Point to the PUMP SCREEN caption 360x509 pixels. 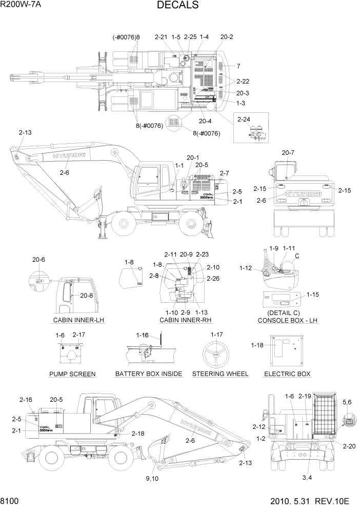click(x=72, y=374)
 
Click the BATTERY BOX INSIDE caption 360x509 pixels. click(x=149, y=374)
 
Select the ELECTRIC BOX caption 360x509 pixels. click(x=287, y=374)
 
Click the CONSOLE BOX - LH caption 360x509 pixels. click(x=288, y=320)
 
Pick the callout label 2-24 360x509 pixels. click(x=244, y=120)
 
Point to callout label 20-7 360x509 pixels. click(x=288, y=152)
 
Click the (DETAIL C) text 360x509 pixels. click(x=284, y=312)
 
